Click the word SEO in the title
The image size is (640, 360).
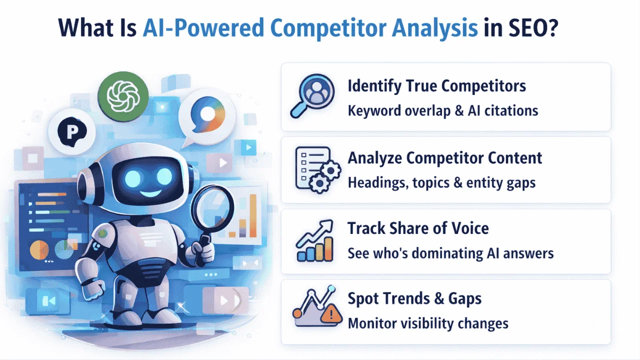click(x=529, y=28)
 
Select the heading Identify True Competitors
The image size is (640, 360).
click(x=436, y=86)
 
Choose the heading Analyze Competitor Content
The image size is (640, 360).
click(x=444, y=158)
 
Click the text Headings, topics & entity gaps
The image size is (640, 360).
click(x=441, y=182)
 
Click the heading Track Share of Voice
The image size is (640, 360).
click(x=418, y=228)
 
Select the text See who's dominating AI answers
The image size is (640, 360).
click(x=450, y=253)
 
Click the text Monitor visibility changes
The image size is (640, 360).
click(x=428, y=323)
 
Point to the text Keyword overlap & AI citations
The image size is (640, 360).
click(x=442, y=110)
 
